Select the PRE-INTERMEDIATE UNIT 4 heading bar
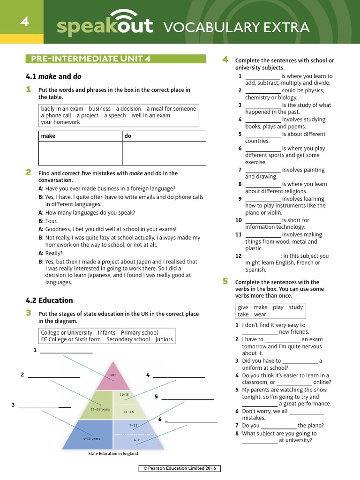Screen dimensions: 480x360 click(115, 59)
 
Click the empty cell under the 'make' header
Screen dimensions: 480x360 click(80, 153)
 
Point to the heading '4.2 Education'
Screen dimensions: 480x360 click(49, 300)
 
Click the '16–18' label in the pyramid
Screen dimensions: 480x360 click(124, 395)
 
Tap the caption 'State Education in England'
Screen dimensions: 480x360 click(113, 454)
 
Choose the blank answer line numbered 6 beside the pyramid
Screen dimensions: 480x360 click(191, 420)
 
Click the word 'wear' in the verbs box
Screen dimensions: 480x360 click(260, 315)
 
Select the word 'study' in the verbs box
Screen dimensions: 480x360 click(296, 307)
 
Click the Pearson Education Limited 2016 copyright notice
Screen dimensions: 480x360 click(180, 468)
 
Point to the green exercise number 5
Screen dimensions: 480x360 click(225, 281)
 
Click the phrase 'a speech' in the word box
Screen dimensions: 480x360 click(115, 115)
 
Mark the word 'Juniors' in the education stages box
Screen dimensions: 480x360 click(164, 339)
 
